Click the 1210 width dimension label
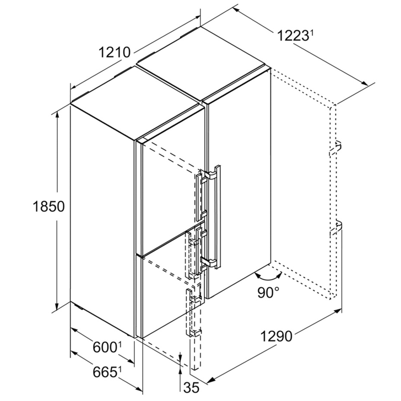[x=114, y=53]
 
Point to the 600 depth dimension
[x=104, y=347]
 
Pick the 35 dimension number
[x=192, y=388]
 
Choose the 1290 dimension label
[x=276, y=336]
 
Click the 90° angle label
[x=268, y=293]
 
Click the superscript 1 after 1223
[x=311, y=33]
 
